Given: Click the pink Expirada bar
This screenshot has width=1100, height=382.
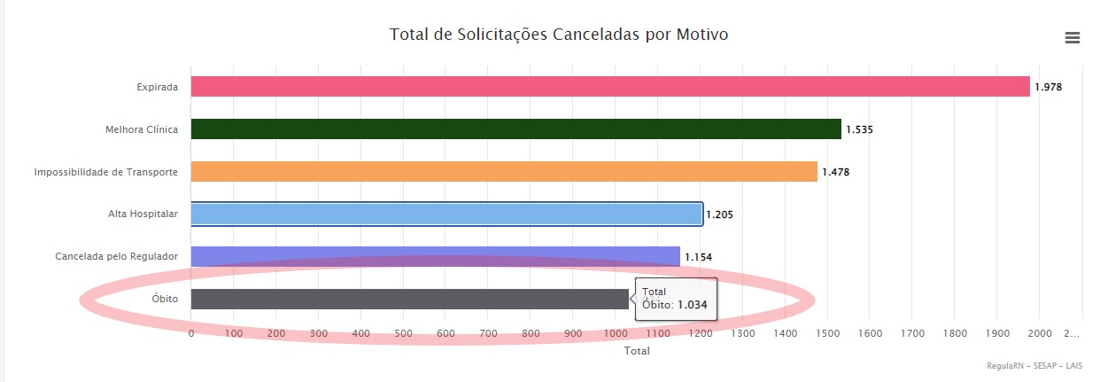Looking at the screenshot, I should (610, 87).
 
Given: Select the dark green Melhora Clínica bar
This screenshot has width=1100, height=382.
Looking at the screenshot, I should (515, 129).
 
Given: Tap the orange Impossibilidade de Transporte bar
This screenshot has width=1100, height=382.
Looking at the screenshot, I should (504, 172).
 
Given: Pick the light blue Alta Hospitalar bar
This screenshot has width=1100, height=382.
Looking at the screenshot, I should (446, 214).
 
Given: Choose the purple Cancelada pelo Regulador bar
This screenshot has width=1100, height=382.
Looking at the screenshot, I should (435, 257).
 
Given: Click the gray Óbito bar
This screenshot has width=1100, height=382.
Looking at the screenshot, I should (409, 300).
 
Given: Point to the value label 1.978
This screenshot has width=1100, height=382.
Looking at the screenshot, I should (1048, 87).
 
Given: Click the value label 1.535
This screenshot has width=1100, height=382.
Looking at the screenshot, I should (859, 129).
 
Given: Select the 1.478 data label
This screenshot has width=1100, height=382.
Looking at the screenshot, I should (835, 172).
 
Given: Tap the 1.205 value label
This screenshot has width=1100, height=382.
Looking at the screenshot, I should (719, 214).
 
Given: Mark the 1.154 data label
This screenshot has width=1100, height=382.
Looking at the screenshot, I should (698, 257).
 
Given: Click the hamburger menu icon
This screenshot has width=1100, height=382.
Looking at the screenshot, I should (1073, 37).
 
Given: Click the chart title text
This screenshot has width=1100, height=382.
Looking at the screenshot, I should (559, 35).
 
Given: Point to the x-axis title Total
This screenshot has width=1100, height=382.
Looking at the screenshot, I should (637, 351).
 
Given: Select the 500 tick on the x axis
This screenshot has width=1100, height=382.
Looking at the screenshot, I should (403, 333).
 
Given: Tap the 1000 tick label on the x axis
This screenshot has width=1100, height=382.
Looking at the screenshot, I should (616, 333).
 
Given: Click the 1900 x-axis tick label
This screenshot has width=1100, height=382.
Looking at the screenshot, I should (996, 333).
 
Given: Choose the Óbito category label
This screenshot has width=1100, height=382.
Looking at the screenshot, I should (164, 300).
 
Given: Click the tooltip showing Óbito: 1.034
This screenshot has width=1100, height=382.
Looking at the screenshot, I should (675, 298).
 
